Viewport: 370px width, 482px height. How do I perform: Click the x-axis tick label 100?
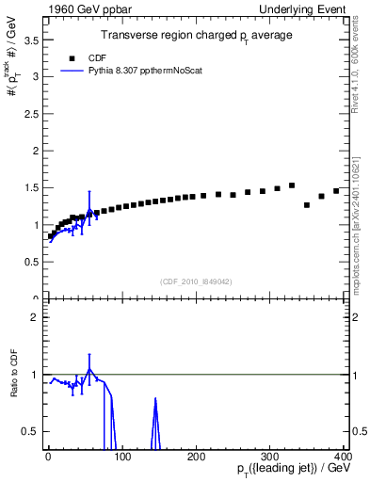tap(121, 456)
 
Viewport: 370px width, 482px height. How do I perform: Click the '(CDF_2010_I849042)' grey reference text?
tap(195, 281)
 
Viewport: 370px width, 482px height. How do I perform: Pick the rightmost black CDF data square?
tap(336, 191)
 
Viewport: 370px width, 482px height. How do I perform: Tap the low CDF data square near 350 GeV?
tap(307, 204)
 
